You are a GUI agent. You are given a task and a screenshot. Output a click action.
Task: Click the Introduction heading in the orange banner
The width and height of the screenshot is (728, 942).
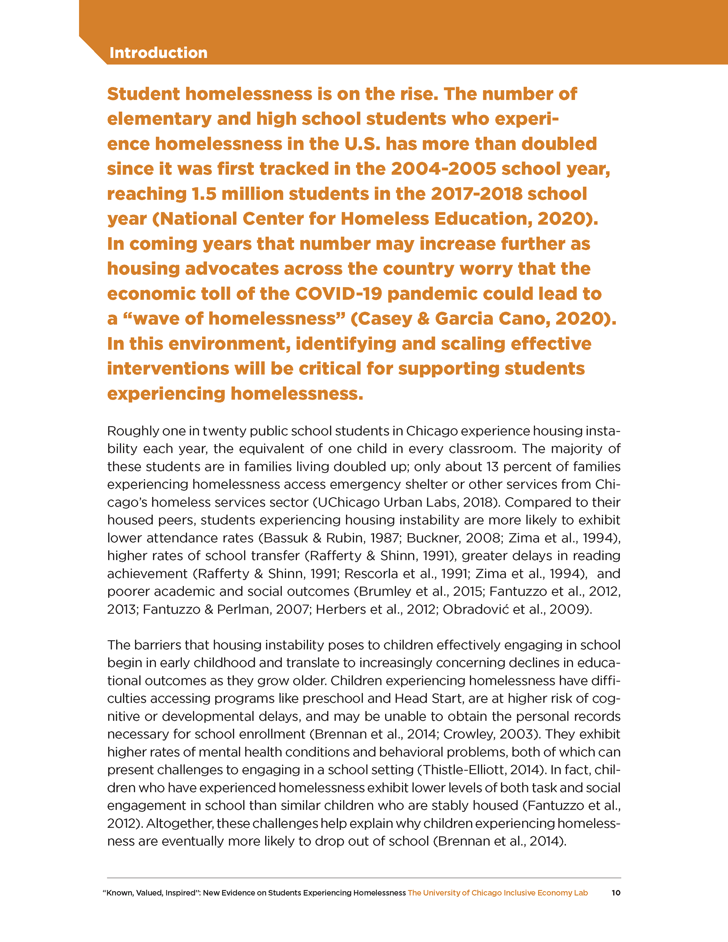tap(158, 53)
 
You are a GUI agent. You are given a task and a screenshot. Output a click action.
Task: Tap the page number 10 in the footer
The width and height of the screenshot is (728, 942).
tap(616, 892)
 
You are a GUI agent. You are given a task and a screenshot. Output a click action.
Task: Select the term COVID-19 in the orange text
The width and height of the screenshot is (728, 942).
tap(339, 294)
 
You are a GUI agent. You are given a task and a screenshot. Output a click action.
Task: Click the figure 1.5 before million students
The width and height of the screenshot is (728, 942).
tap(204, 194)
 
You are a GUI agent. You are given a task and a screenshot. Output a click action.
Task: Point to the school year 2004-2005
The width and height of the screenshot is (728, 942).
tap(444, 169)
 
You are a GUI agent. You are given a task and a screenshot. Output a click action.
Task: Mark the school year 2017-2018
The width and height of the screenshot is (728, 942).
tap(476, 194)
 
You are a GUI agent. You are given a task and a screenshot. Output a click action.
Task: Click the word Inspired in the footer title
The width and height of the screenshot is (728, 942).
tap(180, 893)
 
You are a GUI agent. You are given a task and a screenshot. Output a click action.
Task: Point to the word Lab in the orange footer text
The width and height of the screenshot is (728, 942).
tap(581, 893)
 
